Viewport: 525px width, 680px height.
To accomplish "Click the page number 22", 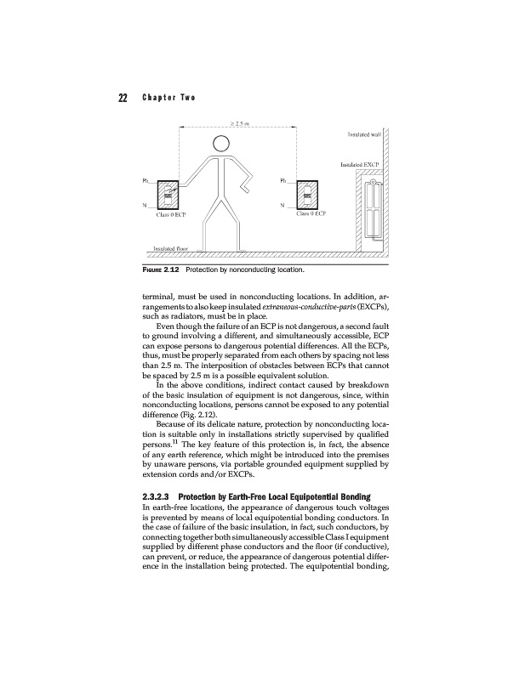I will click(111, 96).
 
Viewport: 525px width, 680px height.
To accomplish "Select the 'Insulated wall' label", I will click(363, 133).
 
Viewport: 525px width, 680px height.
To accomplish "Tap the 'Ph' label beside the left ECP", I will click(145, 180).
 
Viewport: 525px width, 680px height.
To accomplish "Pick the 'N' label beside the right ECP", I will click(282, 207).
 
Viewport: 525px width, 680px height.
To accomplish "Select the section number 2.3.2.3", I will click(156, 495).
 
